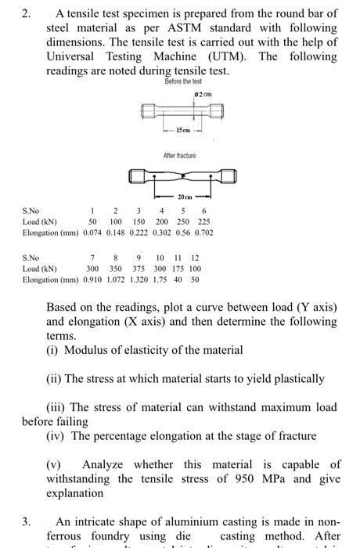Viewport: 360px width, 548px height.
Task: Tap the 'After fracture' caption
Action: click(180, 156)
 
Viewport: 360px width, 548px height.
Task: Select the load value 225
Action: click(203, 222)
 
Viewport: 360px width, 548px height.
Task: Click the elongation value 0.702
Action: click(203, 233)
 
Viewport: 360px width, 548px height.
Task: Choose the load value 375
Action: click(139, 268)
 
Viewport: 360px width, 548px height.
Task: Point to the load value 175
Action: click(178, 268)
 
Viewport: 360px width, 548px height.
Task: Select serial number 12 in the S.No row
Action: click(195, 257)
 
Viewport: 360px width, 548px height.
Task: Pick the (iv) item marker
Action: click(56, 436)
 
